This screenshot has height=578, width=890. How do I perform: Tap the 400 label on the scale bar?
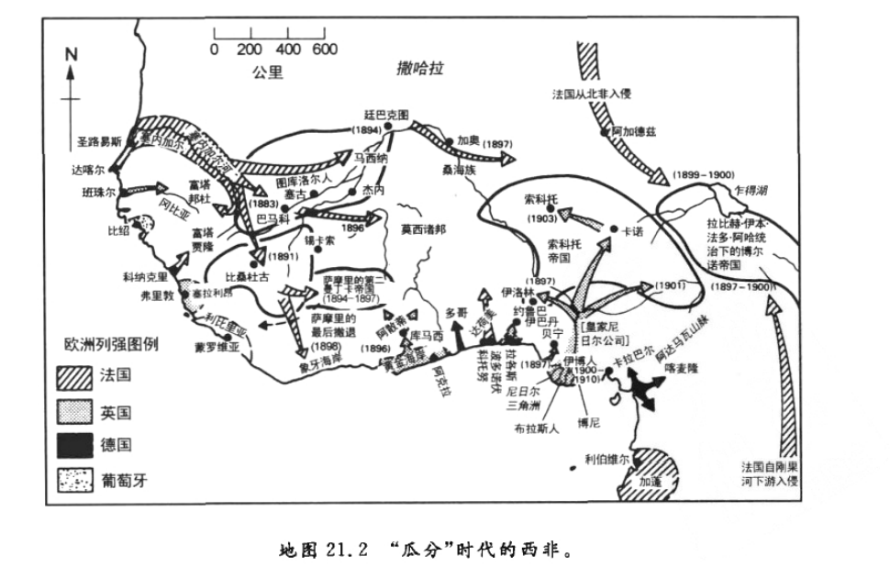(x=288, y=50)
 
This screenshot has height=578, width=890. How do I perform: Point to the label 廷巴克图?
(x=386, y=116)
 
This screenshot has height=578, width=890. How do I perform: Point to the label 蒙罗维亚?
(x=217, y=348)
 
